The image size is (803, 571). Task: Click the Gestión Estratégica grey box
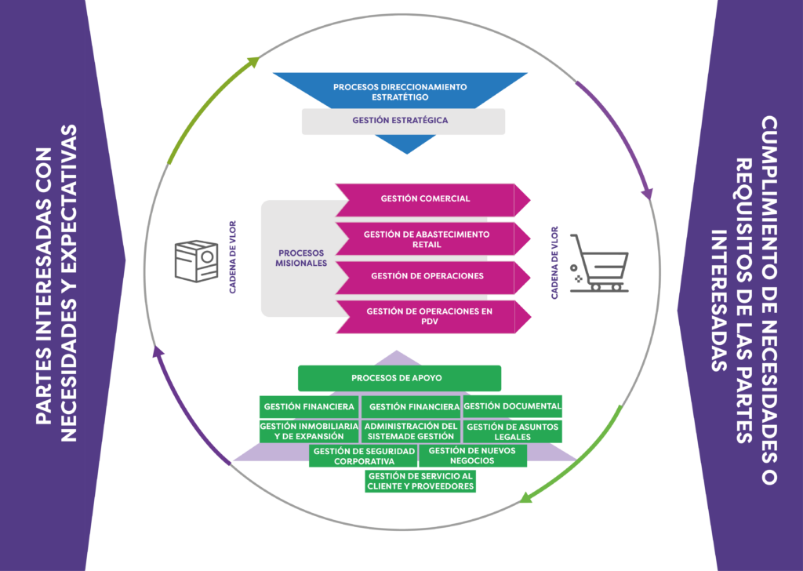click(x=403, y=121)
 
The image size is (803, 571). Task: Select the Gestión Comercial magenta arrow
click(x=426, y=199)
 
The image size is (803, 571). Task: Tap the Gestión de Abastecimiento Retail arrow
click(x=426, y=238)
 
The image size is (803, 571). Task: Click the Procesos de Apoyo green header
click(x=399, y=378)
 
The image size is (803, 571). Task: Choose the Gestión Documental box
click(x=512, y=406)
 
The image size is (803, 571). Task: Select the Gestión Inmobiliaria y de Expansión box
click(x=308, y=431)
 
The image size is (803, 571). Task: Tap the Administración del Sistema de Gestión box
click(x=410, y=431)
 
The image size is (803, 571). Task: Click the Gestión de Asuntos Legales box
click(x=512, y=431)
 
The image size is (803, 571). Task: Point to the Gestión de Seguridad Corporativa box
click(x=362, y=456)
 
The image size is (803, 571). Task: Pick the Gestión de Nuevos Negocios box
click(x=472, y=456)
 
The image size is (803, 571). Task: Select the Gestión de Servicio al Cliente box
click(x=420, y=481)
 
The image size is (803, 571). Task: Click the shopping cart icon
click(x=598, y=262)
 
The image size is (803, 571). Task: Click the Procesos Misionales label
click(x=302, y=258)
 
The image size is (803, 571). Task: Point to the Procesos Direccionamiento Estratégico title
click(x=399, y=91)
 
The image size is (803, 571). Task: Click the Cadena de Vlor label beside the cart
click(x=555, y=264)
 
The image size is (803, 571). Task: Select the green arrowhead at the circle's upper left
click(x=253, y=64)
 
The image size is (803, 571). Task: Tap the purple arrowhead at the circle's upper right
click(x=648, y=192)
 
